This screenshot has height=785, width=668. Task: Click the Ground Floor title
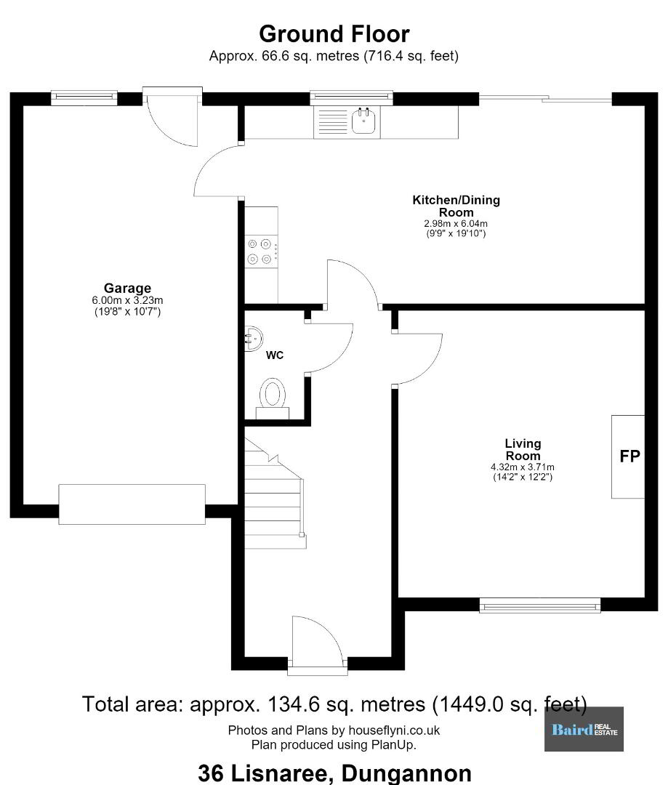coord(334,34)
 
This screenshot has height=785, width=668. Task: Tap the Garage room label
coord(127,288)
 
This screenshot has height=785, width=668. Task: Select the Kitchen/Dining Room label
coord(456,206)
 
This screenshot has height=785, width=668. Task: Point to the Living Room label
coord(523,449)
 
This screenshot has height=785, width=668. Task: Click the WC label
coord(275,355)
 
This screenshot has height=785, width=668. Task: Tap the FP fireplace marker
coord(629,456)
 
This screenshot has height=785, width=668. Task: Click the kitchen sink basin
coord(365,121)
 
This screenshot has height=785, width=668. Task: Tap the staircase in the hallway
coord(275,493)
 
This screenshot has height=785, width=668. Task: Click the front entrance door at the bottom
coord(317,643)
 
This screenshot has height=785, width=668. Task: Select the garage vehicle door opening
coord(132,504)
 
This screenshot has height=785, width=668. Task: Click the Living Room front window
coord(540,605)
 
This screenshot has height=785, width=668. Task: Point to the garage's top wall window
coord(84,97)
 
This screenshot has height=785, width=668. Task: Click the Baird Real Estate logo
coord(584,729)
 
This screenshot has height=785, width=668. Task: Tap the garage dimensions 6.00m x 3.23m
coord(127,300)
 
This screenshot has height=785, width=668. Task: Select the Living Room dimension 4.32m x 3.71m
coord(523,467)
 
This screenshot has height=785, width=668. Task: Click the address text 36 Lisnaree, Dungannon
coord(334,773)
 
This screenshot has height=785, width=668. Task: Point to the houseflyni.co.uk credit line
coord(334,730)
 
